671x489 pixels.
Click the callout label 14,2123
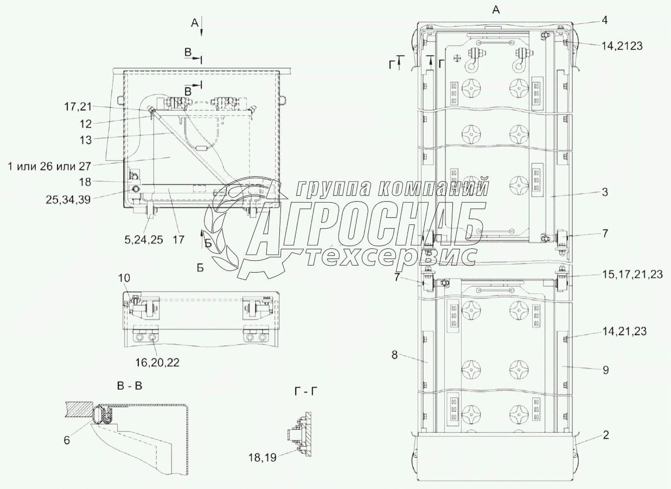[622, 46]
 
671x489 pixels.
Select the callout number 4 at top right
[605, 20]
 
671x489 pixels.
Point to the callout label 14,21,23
[624, 331]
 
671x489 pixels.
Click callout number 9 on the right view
[606, 370]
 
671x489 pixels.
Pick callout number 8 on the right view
[394, 355]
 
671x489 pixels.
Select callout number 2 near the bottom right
[606, 435]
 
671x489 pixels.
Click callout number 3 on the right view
[605, 192]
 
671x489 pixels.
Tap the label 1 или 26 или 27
[49, 166]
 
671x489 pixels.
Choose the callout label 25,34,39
[68, 200]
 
